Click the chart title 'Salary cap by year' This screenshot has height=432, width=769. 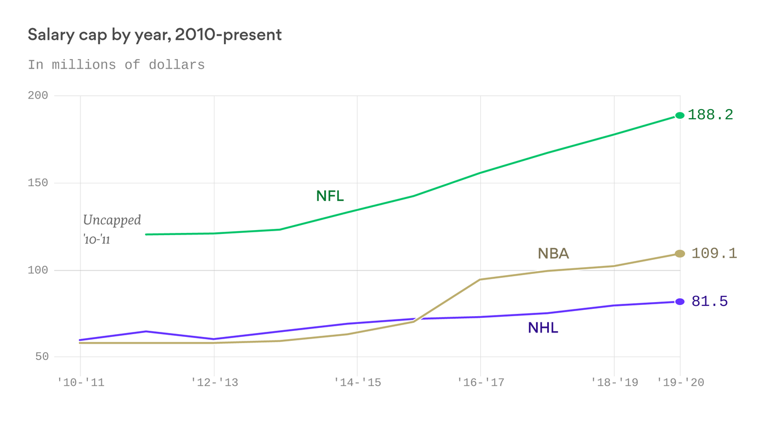(x=154, y=35)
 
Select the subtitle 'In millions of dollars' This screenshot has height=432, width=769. (x=116, y=65)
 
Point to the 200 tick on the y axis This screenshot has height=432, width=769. (x=38, y=96)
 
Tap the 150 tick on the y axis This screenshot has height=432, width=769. (x=38, y=183)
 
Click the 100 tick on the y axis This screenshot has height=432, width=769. (x=38, y=270)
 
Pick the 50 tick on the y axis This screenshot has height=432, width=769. (x=41, y=357)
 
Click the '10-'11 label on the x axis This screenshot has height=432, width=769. (x=81, y=382)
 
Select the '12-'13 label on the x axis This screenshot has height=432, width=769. (x=214, y=382)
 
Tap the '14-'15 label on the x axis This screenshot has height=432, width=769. (x=357, y=382)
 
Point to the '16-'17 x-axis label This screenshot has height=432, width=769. (x=480, y=382)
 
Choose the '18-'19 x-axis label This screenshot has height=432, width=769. (x=614, y=382)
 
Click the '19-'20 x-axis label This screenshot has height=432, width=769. (x=681, y=382)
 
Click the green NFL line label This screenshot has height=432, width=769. (x=329, y=196)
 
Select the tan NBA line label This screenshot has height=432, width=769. (x=553, y=254)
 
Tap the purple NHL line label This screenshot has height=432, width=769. (x=543, y=328)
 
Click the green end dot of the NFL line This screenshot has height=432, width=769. (x=679, y=115)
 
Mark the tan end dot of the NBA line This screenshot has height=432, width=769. (x=679, y=254)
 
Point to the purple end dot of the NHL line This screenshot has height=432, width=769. (x=679, y=302)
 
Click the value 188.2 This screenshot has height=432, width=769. (x=710, y=115)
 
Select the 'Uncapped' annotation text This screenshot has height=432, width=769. (x=112, y=220)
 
